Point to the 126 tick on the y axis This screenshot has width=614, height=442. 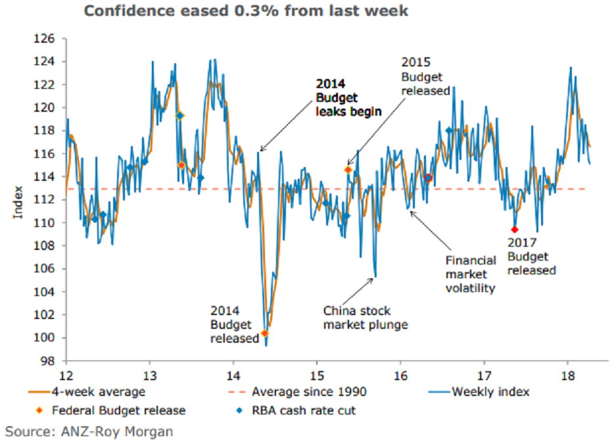(51, 39)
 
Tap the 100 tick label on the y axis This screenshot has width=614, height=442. (51, 338)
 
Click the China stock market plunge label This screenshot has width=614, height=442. (366, 317)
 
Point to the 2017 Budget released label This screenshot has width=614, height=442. (532, 255)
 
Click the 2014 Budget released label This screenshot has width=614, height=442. (234, 324)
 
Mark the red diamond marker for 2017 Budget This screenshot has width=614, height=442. (515, 230)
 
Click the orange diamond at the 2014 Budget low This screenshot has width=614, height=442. (265, 333)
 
